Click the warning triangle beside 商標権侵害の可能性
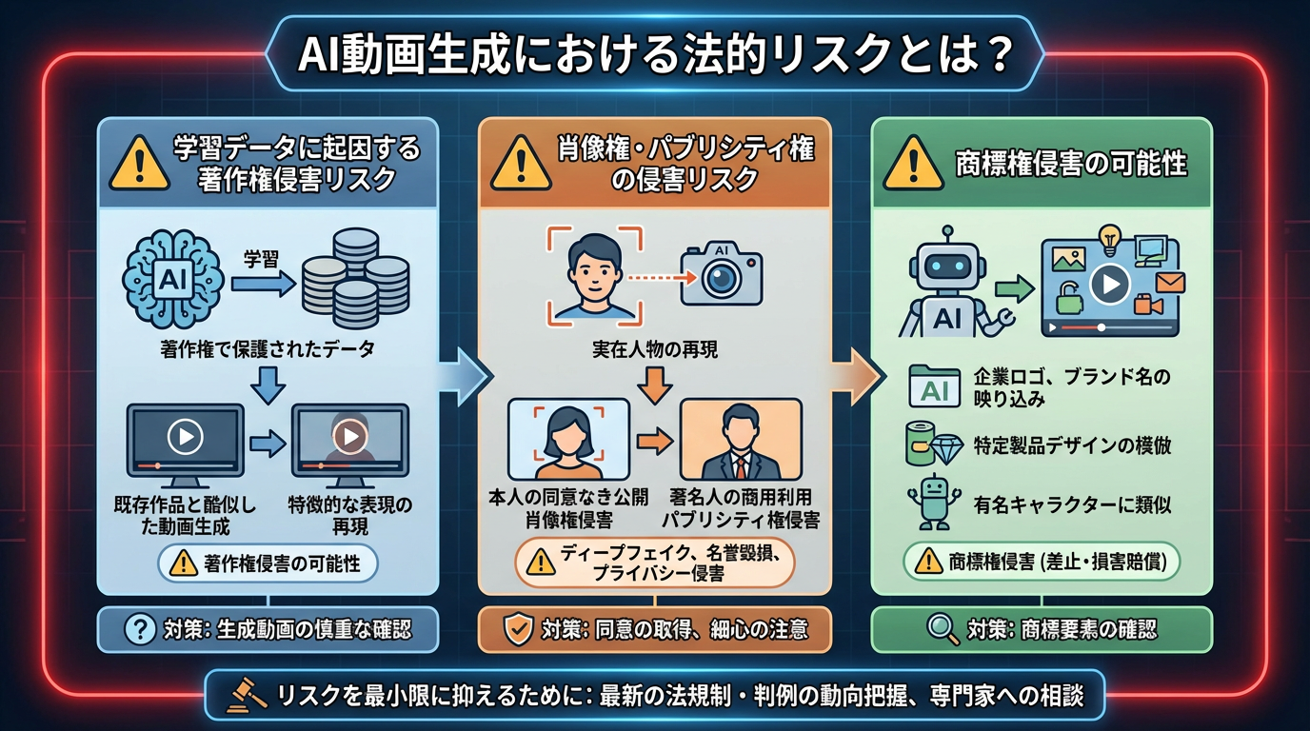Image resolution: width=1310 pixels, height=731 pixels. click(912, 164)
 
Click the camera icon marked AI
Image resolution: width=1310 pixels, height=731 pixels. click(721, 274)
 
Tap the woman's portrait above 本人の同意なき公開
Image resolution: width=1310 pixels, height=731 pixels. click(568, 439)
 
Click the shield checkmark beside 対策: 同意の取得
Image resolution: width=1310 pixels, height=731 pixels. click(517, 629)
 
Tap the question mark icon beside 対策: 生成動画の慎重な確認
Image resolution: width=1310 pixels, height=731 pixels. click(140, 629)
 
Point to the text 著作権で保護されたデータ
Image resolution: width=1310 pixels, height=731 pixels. click(267, 350)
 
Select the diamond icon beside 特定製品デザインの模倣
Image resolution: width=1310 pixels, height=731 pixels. click(947, 444)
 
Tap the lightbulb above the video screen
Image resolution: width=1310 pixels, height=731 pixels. click(1107, 236)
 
